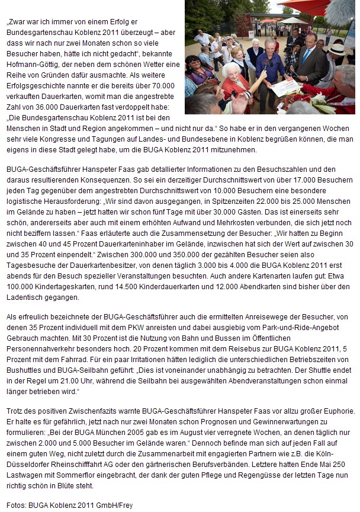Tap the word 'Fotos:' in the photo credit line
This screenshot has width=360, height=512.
[x=18, y=505]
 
